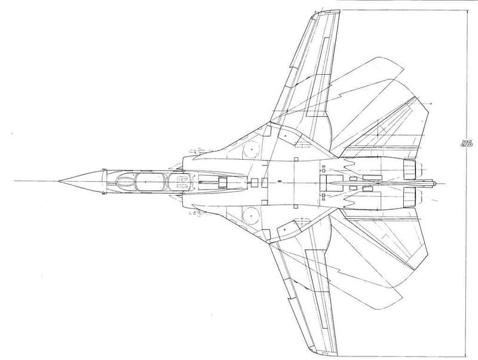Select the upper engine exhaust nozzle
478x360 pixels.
coord(410,169)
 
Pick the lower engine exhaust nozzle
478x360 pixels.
coord(410,193)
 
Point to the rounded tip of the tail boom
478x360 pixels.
coord(441,181)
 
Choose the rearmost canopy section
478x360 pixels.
coord(173,180)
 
